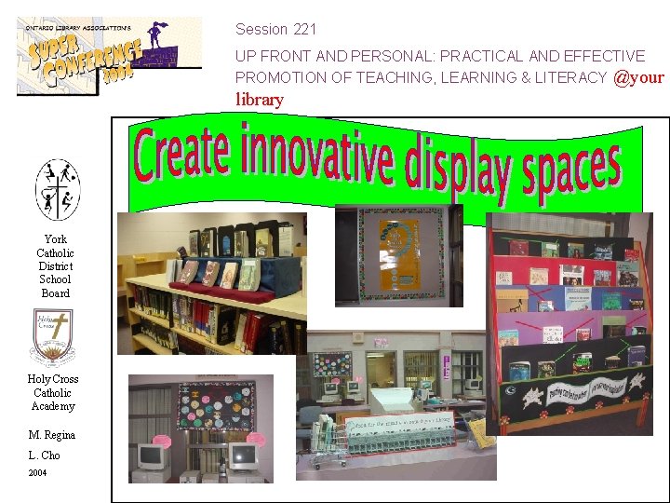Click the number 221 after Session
click(x=304, y=30)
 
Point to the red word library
click(x=260, y=100)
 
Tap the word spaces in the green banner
click(x=571, y=172)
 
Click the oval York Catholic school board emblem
click(x=58, y=189)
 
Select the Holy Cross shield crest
click(x=53, y=337)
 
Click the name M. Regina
click(x=52, y=435)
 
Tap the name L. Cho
click(x=45, y=455)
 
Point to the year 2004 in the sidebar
click(x=37, y=472)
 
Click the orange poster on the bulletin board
click(x=402, y=252)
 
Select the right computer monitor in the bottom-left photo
click(x=242, y=456)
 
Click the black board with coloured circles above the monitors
click(x=217, y=404)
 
